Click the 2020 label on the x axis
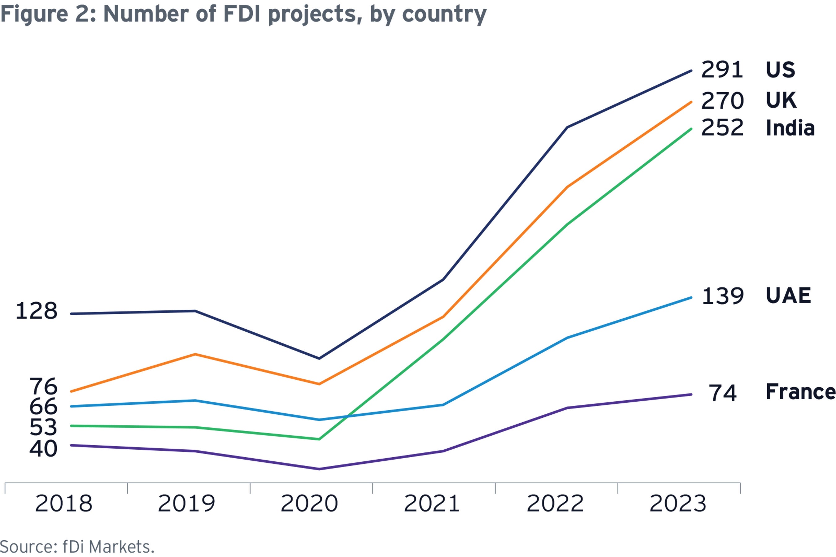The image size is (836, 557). pos(309,504)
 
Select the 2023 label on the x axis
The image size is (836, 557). pos(677,504)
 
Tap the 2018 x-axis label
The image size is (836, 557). pos(63,504)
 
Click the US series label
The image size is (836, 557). pos(780,70)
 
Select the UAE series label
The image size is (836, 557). pos(788,296)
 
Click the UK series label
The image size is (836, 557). pos(781,100)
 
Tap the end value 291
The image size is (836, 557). pos(722,70)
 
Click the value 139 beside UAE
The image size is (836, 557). pos(722,296)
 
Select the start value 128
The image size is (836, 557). pos(36,311)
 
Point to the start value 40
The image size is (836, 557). pos(43,449)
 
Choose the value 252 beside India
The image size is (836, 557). pos(722,128)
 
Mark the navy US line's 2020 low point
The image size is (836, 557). pos(319,358)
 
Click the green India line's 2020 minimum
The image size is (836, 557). pos(319,439)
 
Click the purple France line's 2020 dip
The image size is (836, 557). pos(319,469)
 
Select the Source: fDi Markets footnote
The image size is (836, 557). pos(77,547)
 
